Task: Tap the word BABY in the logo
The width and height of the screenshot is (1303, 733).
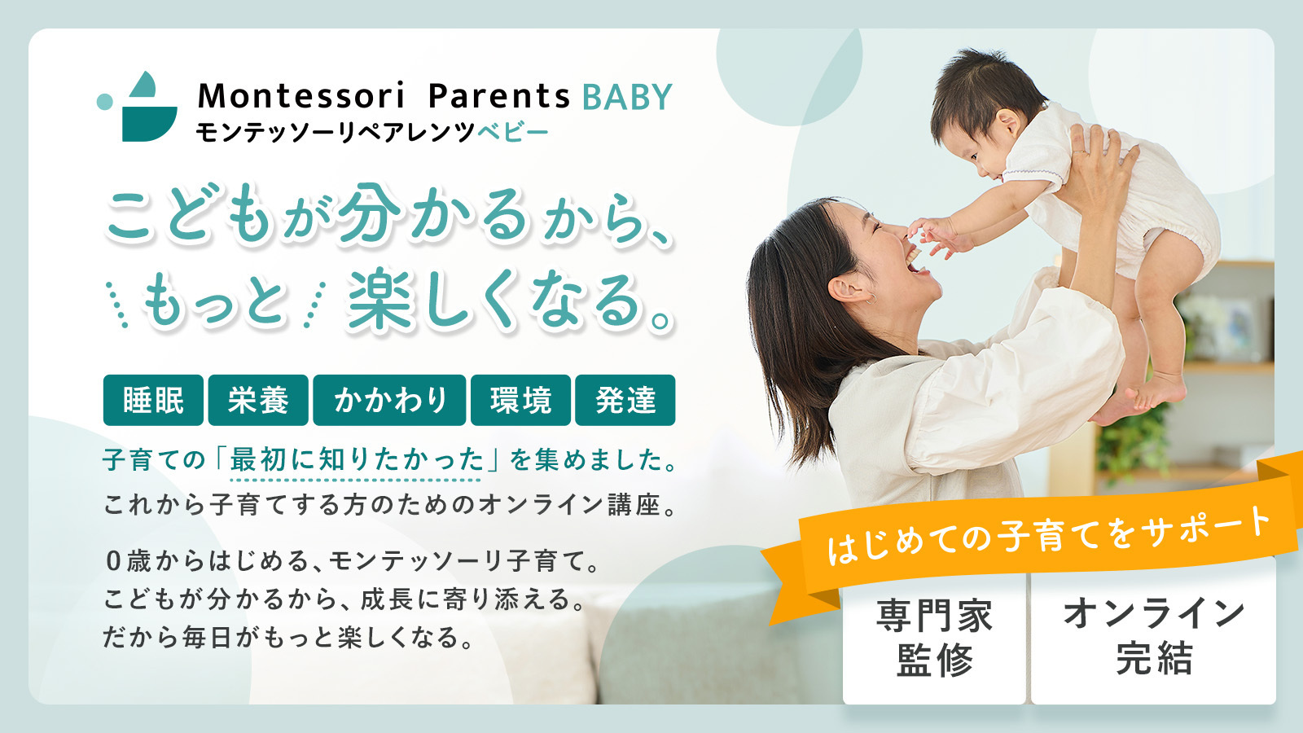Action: tap(627, 97)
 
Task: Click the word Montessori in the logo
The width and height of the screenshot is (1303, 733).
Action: tap(301, 96)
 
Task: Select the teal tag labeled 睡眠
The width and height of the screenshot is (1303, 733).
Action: tap(154, 400)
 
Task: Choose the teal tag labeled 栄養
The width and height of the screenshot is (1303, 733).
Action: tap(258, 400)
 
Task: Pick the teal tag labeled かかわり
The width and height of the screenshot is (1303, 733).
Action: tap(390, 400)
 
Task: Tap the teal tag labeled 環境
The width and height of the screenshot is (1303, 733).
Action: tap(520, 400)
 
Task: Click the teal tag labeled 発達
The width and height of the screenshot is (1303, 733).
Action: tap(625, 400)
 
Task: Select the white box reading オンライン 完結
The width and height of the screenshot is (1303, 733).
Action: tap(1153, 634)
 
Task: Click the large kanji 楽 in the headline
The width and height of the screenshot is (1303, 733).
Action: tap(380, 299)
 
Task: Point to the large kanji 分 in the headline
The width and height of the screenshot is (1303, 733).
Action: tap(369, 213)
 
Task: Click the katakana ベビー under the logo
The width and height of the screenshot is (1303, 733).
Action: tap(513, 133)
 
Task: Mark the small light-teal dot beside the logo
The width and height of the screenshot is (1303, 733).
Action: tap(105, 101)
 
